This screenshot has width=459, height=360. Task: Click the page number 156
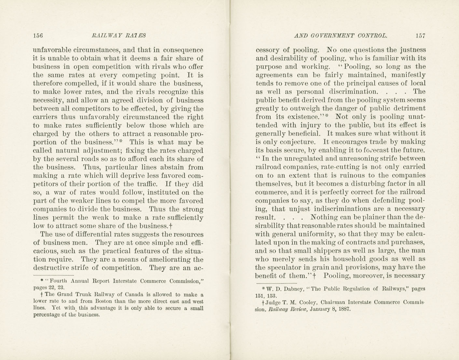38,36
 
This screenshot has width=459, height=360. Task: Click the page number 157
420,36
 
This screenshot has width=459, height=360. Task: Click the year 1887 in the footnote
344,309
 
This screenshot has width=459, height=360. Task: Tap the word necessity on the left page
48,100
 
